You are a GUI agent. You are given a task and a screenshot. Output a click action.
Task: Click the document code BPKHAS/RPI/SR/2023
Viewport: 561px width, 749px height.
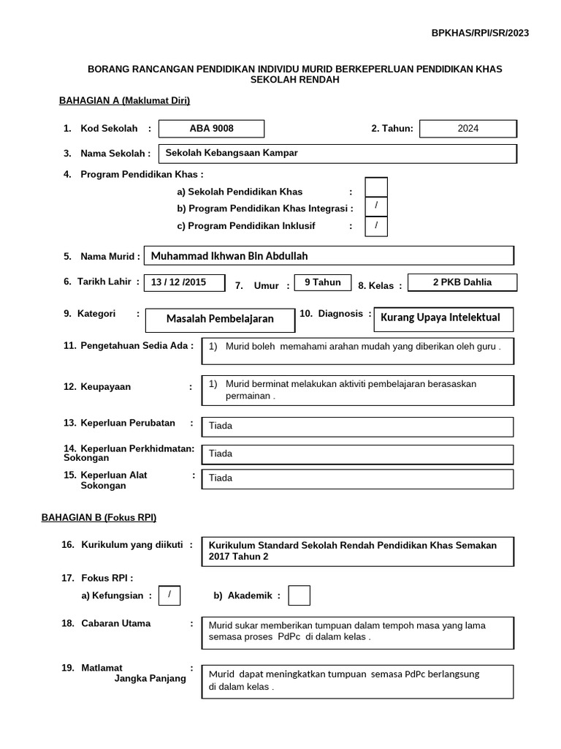(480, 33)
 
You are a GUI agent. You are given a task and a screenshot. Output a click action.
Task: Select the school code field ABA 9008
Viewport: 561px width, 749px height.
(212, 129)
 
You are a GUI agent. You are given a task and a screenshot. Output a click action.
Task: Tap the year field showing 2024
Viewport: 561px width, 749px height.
(468, 129)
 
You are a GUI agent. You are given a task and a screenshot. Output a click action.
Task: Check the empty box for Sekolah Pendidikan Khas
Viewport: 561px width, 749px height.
(376, 187)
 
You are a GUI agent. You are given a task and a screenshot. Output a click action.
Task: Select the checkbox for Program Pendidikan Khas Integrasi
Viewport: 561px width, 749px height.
(376, 207)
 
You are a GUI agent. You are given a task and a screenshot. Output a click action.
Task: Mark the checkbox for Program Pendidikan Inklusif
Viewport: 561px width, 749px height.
(376, 226)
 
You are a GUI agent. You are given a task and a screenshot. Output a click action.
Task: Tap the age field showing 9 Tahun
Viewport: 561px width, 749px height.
(322, 283)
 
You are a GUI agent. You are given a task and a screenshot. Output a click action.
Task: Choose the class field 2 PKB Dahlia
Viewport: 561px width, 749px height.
(462, 282)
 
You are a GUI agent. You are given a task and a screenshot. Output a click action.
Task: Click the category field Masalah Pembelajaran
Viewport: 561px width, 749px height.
(220, 319)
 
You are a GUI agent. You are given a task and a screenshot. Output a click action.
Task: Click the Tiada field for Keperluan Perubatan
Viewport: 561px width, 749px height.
(358, 426)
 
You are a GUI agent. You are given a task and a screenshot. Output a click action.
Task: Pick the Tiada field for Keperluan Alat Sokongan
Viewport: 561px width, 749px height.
(358, 478)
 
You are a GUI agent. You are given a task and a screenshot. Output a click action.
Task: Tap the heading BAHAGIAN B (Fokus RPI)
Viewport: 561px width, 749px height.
(99, 518)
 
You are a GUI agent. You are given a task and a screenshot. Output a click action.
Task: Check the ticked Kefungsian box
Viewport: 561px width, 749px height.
(169, 595)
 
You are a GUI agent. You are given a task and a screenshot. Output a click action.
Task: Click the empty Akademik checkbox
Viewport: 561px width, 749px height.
(299, 596)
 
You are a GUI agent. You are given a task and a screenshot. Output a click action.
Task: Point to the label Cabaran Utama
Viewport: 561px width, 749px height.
(116, 623)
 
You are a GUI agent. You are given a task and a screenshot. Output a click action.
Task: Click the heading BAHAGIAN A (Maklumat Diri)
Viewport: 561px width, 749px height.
(124, 101)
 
